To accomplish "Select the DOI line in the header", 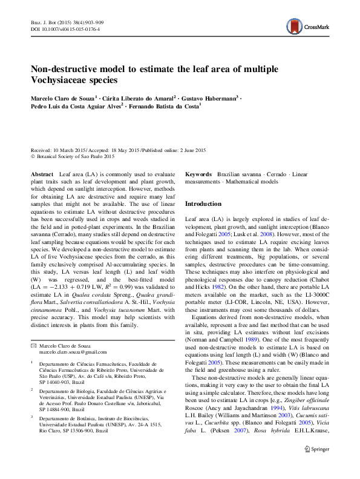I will click(65, 28).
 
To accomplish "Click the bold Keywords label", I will click(198, 174).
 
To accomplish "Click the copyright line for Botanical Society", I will click(74, 156).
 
